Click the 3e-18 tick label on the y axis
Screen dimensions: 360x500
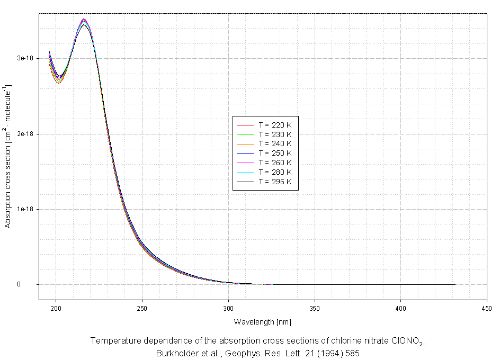tap(26, 58)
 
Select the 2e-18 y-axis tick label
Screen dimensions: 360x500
tap(26, 134)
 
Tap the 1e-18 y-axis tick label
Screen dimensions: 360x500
tap(26, 209)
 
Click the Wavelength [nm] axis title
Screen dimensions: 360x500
tap(263, 322)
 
